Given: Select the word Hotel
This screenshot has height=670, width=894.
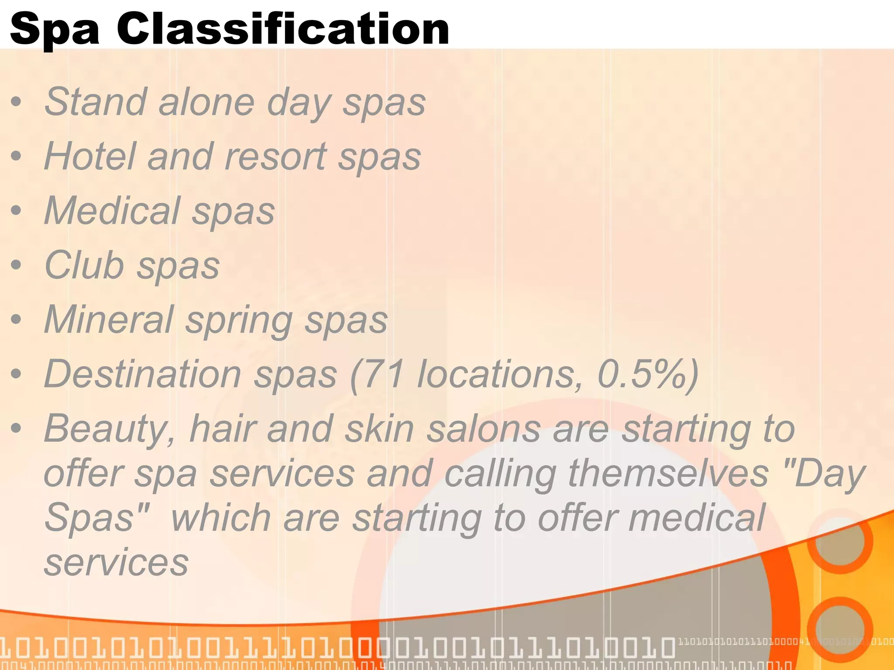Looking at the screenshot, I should point(90,156).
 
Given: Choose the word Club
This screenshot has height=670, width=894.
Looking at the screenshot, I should point(85,265).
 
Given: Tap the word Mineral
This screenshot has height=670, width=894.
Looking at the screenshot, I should point(109,319).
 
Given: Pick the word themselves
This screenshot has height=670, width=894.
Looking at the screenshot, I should point(668,473).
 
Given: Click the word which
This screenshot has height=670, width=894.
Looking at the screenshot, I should point(221,518).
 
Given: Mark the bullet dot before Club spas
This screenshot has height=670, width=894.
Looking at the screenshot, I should point(16,265).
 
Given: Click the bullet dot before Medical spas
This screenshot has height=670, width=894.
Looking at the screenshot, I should point(16,211).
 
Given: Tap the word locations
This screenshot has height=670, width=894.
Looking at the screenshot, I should point(500,374).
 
